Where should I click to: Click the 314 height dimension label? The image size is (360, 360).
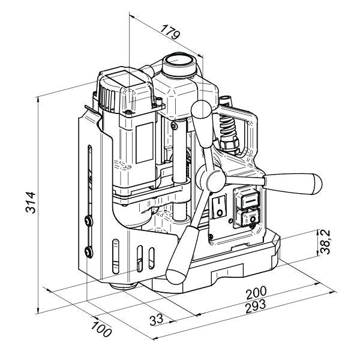31,202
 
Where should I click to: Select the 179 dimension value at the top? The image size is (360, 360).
170,32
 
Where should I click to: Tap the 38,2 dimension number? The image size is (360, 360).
325,242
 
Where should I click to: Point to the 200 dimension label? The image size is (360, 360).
256,293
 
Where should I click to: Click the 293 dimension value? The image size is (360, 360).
256,306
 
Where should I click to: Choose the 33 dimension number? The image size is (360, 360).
157,319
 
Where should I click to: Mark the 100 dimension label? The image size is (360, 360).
101,329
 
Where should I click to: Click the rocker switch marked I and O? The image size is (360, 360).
219,206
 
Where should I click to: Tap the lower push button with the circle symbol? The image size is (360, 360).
248,218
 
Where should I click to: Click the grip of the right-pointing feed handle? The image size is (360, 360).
293,183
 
